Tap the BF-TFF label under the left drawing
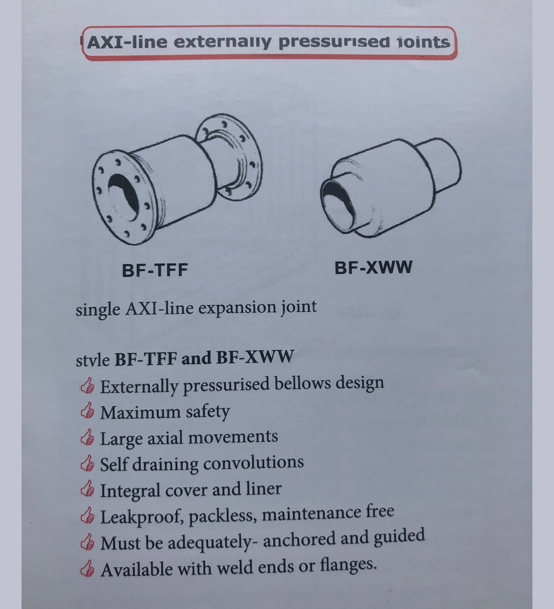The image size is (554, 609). (155, 270)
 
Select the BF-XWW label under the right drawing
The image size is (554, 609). (373, 267)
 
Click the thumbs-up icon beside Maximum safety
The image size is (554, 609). (88, 411)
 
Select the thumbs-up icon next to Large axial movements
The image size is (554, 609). (88, 437)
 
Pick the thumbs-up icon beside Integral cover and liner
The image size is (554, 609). (88, 489)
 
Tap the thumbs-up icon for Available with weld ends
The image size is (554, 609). (88, 569)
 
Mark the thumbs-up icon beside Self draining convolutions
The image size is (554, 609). (88, 463)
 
